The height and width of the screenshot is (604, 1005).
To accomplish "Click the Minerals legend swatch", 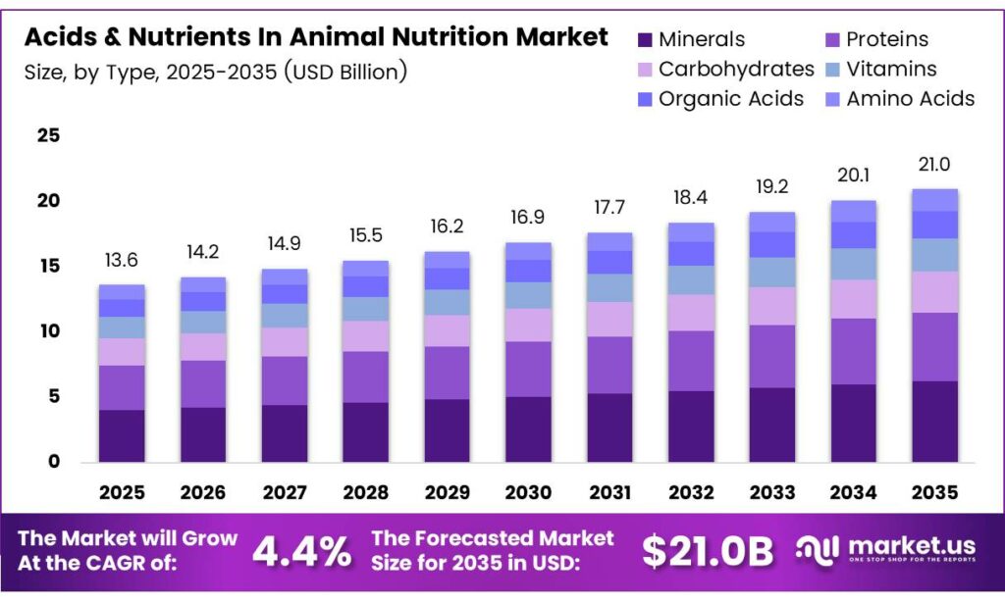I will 645,40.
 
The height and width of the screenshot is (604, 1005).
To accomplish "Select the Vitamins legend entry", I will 891,69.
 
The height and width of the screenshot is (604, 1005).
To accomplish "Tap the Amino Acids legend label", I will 911,98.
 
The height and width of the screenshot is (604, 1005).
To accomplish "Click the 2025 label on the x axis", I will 122,490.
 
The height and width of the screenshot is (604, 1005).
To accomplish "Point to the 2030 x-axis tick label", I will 528,490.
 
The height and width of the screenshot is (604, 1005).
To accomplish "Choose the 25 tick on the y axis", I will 48,136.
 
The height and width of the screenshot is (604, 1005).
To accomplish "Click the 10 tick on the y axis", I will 48,331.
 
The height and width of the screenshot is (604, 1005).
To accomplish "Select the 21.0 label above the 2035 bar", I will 934,165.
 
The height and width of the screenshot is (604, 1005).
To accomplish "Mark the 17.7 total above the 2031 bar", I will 609,209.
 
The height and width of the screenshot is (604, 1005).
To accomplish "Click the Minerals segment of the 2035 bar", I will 934,422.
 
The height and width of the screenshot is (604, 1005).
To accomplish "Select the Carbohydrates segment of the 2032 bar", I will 691,312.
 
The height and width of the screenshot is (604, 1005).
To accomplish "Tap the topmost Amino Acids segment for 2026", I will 203,284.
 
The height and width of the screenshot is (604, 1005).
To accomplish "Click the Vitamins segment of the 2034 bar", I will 853,264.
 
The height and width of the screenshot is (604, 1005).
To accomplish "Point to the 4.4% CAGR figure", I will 301,552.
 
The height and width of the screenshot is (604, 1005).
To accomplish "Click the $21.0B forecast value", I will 708,552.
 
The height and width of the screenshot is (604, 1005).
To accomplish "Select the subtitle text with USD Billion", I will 216,71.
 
